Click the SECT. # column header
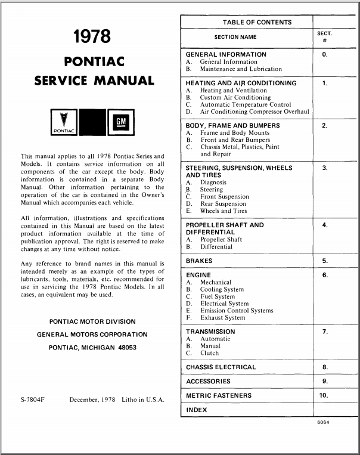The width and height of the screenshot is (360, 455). click(x=324, y=37)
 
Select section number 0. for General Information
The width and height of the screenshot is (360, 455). click(x=324, y=54)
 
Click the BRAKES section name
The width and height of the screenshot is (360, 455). click(x=199, y=261)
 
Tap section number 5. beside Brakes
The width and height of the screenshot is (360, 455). click(x=324, y=261)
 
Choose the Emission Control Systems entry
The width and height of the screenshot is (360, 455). click(x=237, y=311)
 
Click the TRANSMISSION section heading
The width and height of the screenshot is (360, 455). click(x=210, y=332)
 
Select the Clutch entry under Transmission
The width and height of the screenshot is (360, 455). click(x=210, y=353)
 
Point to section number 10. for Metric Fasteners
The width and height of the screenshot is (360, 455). click(x=324, y=395)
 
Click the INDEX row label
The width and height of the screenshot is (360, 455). click(x=197, y=410)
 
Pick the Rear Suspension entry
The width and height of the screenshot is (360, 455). click(x=223, y=204)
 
